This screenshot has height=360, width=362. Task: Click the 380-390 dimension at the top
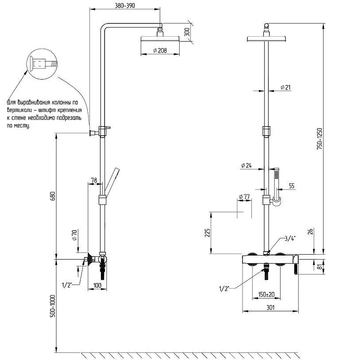[x=125, y=5]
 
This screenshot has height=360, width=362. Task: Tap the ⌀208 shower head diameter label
[x=160, y=50]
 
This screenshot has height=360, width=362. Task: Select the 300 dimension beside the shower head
[x=187, y=32]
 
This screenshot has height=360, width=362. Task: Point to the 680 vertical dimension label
[x=53, y=196]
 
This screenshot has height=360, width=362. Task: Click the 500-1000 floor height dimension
[x=53, y=306]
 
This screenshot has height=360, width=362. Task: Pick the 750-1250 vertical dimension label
[x=319, y=139]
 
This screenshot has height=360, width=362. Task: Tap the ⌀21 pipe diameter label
[x=286, y=87]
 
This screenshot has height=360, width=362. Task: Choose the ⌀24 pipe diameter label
[x=246, y=166]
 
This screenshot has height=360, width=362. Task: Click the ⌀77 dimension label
[x=244, y=197]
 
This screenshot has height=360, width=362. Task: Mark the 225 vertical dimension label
[x=207, y=233]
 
